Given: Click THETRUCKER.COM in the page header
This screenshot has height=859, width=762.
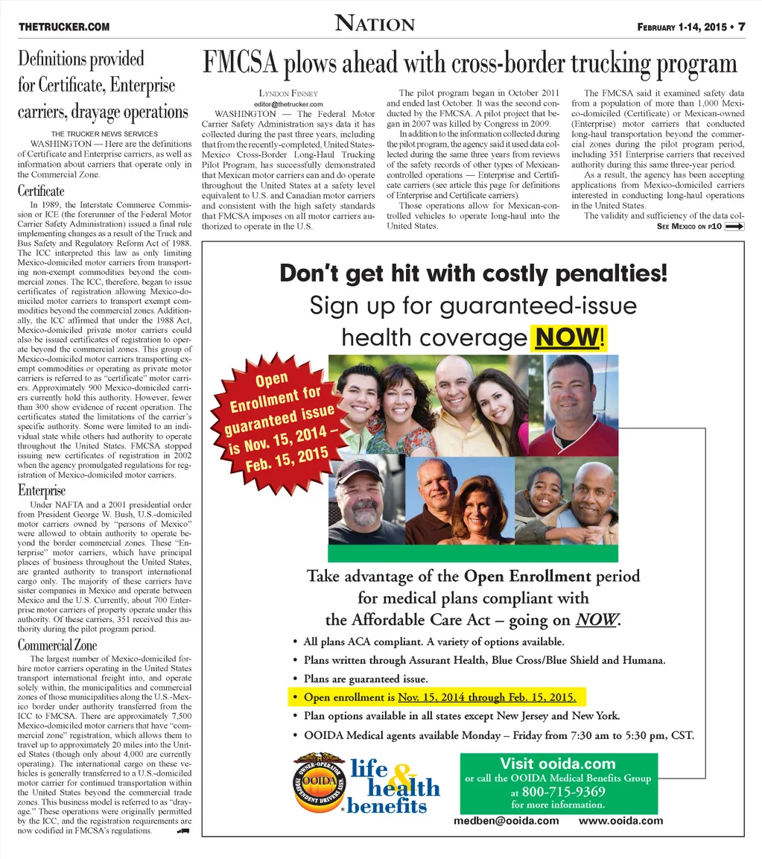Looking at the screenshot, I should pyautogui.click(x=64, y=28).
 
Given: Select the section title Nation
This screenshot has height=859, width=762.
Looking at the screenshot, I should pyautogui.click(x=375, y=25).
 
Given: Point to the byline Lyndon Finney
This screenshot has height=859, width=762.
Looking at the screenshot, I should pyautogui.click(x=277, y=94).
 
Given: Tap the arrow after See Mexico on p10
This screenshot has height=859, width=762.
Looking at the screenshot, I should pyautogui.click(x=734, y=226).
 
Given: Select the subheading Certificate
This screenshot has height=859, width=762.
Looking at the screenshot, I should pyautogui.click(x=41, y=191).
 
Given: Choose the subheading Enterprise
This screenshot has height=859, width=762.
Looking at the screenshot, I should pyautogui.click(x=42, y=490).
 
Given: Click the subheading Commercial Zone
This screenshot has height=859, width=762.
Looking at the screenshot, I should pyautogui.click(x=57, y=645).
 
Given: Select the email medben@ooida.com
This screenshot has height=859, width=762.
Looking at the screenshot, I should pyautogui.click(x=507, y=821).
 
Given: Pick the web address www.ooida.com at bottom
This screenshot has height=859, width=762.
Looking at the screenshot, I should pyautogui.click(x=620, y=821).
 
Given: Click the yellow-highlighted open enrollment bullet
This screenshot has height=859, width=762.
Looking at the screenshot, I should pyautogui.click(x=437, y=698).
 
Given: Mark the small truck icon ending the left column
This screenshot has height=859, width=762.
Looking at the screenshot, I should pyautogui.click(x=183, y=830).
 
